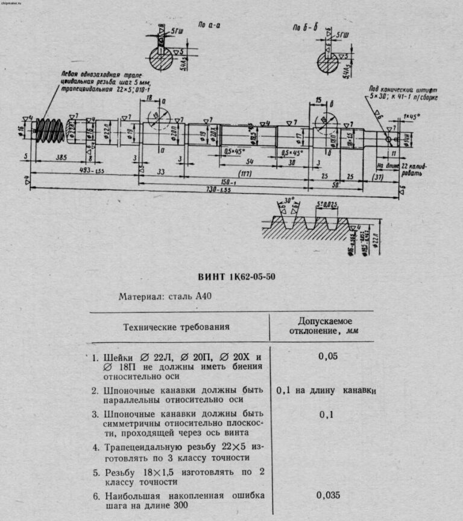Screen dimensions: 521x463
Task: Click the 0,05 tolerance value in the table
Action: pos(327,356)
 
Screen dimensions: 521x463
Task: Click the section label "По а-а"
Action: pos(207,27)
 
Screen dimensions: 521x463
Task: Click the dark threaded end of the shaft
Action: pos(46,129)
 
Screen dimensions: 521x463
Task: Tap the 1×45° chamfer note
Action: pos(411,116)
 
